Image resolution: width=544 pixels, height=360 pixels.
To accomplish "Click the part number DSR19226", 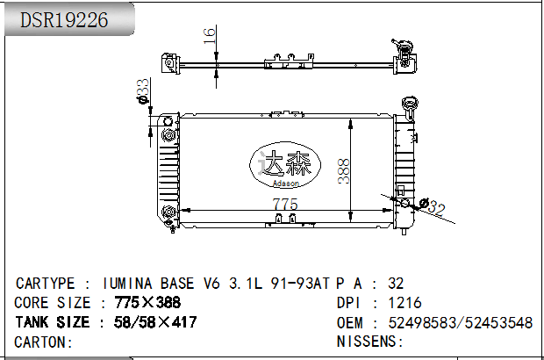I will point(66,20).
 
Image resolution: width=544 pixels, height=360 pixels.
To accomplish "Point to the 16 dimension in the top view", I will point(209,36).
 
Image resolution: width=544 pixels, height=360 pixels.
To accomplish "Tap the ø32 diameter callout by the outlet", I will point(433,207).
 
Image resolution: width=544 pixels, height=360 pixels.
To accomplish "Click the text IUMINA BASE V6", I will point(162,284).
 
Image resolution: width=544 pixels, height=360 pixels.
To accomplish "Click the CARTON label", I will point(44,342).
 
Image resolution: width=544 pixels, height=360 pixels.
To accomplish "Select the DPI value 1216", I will point(404,303).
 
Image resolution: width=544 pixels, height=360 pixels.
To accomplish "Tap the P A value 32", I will point(396,284).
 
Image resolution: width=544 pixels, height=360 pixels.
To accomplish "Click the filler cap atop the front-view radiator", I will point(408,103).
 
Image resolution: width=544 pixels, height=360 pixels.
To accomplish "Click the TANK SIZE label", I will point(53,322).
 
